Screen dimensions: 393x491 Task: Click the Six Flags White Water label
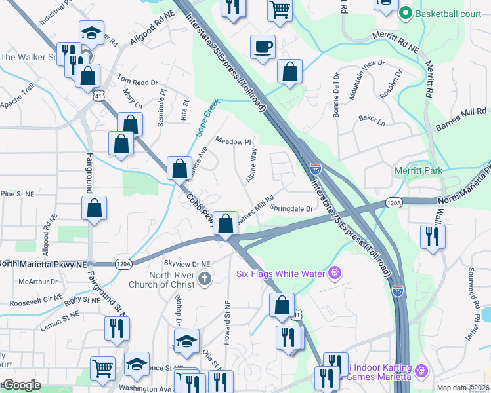(280, 271)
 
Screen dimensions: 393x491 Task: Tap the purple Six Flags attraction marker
(335, 271)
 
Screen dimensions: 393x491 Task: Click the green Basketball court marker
(406, 12)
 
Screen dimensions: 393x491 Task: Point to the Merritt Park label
(418, 170)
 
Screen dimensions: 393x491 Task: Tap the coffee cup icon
(263, 47)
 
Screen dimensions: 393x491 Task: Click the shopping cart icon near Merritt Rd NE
(280, 9)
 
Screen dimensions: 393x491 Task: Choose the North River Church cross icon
(205, 278)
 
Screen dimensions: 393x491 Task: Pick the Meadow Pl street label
(234, 141)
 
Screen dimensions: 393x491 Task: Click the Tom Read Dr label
(138, 82)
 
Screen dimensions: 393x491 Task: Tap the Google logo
(22, 385)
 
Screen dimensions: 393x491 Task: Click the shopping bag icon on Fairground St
(94, 208)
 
